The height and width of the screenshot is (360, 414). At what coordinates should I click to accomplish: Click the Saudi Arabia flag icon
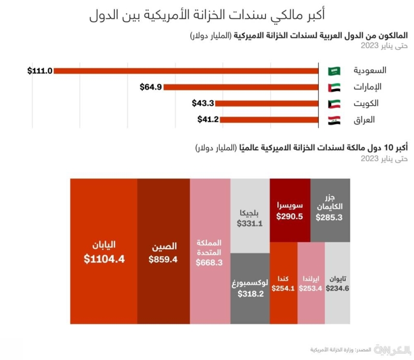click(334, 70)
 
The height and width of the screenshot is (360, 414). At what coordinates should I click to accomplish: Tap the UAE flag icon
click(334, 87)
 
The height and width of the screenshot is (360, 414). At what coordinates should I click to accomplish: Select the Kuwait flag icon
click(334, 104)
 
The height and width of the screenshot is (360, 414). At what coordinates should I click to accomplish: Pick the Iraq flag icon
click(334, 120)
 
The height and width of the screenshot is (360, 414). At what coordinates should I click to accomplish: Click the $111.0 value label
click(40, 70)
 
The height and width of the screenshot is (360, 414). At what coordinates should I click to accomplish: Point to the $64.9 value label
click(151, 87)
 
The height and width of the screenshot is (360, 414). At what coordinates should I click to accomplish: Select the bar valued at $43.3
click(267, 104)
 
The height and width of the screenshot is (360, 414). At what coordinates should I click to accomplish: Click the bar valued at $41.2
click(266, 120)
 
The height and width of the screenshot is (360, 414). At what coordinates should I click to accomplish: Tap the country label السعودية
click(369, 70)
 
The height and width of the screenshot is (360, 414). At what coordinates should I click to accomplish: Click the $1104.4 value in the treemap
click(104, 260)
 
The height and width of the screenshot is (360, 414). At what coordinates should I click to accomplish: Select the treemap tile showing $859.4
click(163, 251)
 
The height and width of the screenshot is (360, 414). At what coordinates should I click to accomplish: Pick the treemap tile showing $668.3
click(210, 251)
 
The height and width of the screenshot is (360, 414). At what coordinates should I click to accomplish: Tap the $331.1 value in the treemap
click(250, 224)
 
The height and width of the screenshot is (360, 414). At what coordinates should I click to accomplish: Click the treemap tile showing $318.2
click(250, 288)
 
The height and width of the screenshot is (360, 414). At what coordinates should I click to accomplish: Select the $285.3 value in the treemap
click(330, 218)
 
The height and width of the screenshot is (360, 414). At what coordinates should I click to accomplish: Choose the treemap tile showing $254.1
click(284, 282)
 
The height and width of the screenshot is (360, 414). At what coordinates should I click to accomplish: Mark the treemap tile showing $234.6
click(338, 282)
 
